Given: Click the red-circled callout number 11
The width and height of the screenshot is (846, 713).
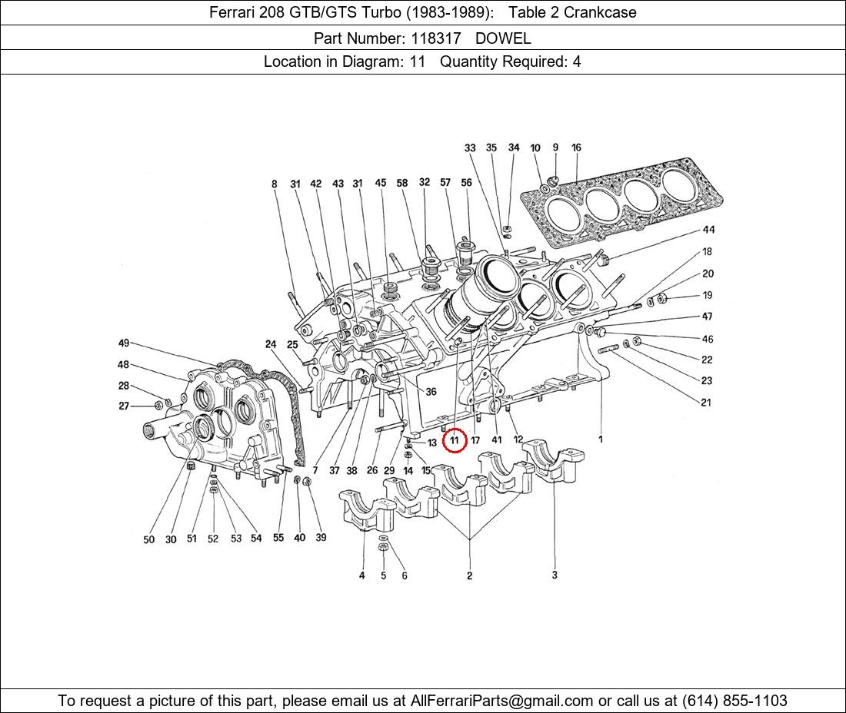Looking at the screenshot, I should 455,440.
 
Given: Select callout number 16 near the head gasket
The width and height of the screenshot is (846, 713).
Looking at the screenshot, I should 576,148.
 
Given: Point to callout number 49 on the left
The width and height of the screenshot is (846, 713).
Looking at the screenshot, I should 124,343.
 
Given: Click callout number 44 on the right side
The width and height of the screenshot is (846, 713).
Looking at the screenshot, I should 708,230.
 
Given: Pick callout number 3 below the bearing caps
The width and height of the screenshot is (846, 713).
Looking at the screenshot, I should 555,575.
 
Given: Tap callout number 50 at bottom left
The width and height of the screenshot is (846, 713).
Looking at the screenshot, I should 149,539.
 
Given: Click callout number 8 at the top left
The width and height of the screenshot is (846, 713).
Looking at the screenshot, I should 275,184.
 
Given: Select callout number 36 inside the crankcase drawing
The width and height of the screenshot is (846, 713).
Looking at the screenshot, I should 431,392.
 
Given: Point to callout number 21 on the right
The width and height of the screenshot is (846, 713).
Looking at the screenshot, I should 706,402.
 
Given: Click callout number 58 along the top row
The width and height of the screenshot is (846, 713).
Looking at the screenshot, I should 402,183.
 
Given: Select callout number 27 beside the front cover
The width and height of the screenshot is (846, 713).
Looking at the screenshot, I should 124,406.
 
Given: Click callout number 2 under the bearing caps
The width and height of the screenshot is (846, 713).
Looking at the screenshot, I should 469,575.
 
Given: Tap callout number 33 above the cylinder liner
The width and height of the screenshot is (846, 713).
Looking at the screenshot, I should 470,148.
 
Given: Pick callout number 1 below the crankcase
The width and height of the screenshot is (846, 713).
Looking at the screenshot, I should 601,439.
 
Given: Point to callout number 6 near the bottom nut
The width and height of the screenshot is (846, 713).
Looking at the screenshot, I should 405,575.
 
